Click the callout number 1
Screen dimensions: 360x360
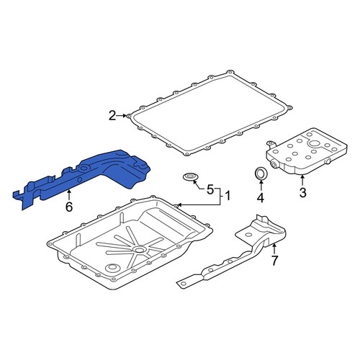pos(227,196)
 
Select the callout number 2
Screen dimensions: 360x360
pos(112,116)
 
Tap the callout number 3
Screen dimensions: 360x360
pos(302,192)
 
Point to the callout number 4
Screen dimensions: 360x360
pos(261,197)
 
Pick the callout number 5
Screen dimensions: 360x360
pos(210,189)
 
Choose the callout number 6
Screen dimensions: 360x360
pos(69,207)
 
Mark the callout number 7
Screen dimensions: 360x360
pos(274,261)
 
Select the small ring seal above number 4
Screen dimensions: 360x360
pos(261,174)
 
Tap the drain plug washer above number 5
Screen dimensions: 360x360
pos(191,177)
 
